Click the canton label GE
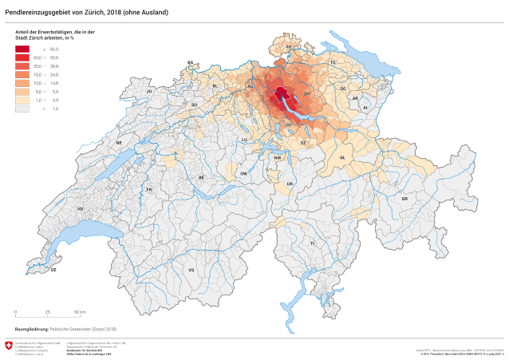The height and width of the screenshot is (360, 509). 53,270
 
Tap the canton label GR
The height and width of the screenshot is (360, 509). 404,198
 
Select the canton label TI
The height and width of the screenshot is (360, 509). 313,242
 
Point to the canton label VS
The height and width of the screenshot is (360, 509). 191,270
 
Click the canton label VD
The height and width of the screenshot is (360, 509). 80,208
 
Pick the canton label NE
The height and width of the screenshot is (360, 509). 119,143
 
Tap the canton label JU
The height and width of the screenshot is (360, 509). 148,92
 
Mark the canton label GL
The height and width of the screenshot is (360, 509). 341,157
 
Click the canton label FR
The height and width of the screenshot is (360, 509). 149,189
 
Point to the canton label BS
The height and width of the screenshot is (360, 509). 191,62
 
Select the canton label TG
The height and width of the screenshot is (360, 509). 333,62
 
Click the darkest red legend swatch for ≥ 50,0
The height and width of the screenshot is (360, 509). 22,49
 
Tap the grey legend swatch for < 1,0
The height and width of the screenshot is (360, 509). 22,108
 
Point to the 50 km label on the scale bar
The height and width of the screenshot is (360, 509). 81,311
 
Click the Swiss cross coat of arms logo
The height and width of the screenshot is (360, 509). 9,346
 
